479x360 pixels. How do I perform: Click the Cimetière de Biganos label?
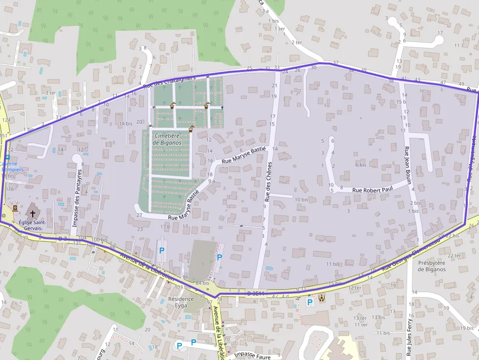(x=167, y=139)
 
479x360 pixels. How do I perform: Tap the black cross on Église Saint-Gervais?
(x=33, y=213)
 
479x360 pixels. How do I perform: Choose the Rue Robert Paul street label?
(x=372, y=190)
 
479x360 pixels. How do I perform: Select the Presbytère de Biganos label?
(x=432, y=266)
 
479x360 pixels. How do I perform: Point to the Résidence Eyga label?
(x=181, y=301)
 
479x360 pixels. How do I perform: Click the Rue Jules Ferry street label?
(x=410, y=337)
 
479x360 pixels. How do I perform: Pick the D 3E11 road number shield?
(x=255, y=293)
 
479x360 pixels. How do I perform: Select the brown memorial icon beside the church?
(x=15, y=208)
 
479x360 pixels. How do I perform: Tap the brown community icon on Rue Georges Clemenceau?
(x=322, y=297)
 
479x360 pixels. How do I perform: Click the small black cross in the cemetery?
(x=222, y=107)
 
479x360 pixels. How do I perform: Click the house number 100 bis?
(x=99, y=240)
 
